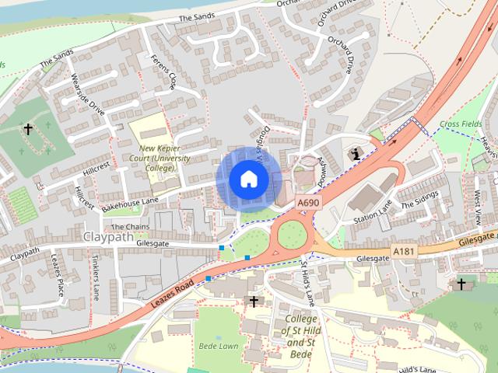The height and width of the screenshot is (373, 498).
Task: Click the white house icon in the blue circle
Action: click(x=248, y=180)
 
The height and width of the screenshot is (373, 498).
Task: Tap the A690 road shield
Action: click(x=309, y=203)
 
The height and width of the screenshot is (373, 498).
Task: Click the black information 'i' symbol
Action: click(x=356, y=153)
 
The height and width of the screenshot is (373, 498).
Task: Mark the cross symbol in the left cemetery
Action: click(x=28, y=129)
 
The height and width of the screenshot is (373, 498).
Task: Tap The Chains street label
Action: click(x=130, y=227)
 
